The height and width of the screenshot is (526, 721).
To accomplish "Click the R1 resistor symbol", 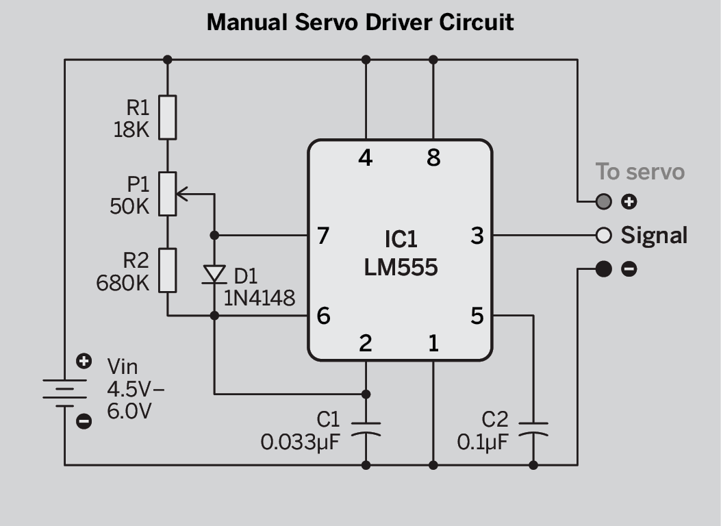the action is click(x=167, y=117).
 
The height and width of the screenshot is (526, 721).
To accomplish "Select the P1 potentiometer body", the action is click(x=167, y=194).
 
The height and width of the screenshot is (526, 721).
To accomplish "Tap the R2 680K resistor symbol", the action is click(x=167, y=271).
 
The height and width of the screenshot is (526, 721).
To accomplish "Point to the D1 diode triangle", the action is click(x=214, y=274).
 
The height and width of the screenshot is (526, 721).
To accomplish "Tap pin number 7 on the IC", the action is click(x=323, y=236).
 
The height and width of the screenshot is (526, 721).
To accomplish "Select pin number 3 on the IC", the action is click(x=477, y=236).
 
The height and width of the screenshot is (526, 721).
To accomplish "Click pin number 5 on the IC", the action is click(x=477, y=316).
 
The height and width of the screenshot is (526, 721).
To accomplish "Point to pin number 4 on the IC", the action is click(x=365, y=158).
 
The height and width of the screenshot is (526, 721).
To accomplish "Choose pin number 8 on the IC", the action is click(x=433, y=158).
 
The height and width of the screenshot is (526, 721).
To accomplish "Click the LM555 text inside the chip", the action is click(x=401, y=267).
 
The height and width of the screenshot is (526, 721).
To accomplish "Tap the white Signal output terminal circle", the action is click(x=604, y=236).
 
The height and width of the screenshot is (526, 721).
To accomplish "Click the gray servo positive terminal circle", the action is click(x=604, y=201).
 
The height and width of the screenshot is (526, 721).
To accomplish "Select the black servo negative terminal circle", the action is click(x=604, y=269).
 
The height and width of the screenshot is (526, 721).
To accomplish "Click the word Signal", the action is click(x=654, y=236).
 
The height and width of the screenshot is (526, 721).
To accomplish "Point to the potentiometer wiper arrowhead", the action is click(x=181, y=194).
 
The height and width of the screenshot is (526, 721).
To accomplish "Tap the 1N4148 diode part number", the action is click(x=260, y=299).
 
